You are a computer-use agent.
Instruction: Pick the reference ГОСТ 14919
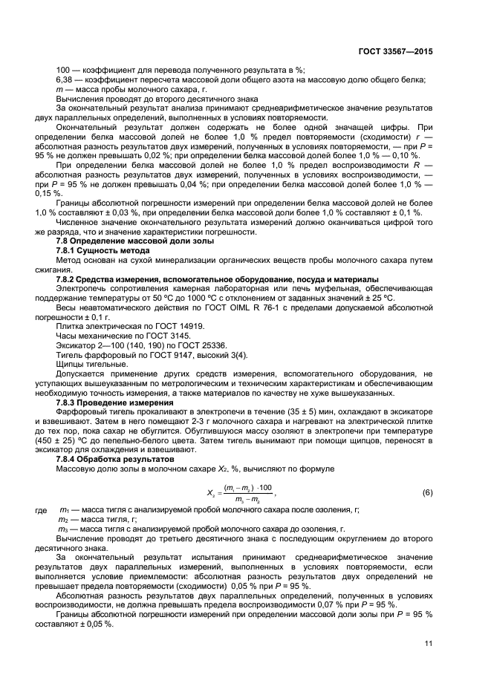click(x=156, y=326)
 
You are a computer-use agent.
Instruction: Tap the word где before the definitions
click(x=42, y=510)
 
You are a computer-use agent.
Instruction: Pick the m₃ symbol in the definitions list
click(x=63, y=529)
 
